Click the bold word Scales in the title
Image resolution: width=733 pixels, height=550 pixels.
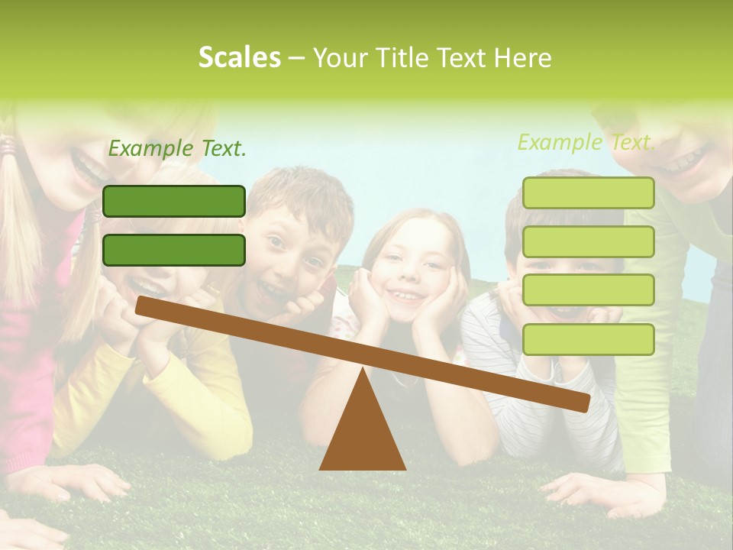(x=239, y=57)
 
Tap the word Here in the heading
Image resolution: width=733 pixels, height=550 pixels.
(x=522, y=58)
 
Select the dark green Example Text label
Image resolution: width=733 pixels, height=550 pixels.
(x=177, y=148)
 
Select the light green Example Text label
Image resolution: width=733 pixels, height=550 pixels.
(x=586, y=142)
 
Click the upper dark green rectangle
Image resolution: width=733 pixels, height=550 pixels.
(x=174, y=201)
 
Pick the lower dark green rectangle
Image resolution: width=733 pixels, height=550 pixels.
(x=174, y=250)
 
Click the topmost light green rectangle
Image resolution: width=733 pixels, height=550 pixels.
(x=588, y=192)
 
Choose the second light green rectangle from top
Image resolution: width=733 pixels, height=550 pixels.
(x=588, y=241)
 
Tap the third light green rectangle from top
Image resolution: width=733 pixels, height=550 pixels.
(x=588, y=290)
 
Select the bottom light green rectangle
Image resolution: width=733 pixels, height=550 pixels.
(x=588, y=339)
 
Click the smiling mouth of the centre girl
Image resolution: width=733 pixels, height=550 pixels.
(x=406, y=295)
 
